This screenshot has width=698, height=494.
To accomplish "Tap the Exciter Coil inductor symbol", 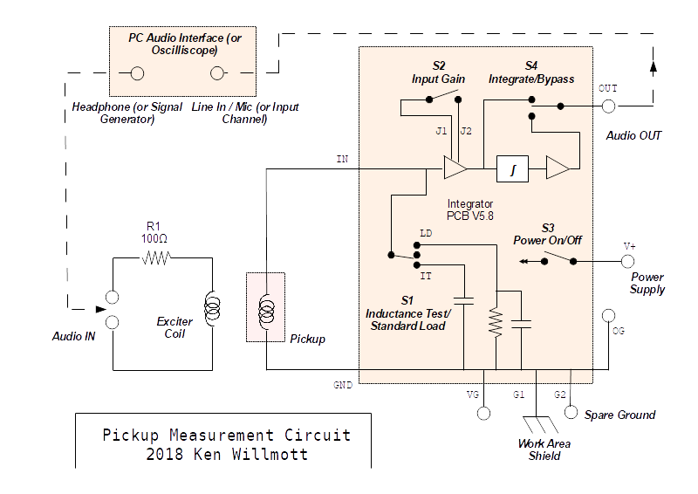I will [211, 309].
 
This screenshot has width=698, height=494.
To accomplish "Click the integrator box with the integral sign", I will [512, 168].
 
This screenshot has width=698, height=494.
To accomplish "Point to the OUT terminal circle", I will [608, 106].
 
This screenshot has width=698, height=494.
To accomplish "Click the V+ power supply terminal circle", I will [627, 261].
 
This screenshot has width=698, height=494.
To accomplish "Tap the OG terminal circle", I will [608, 316].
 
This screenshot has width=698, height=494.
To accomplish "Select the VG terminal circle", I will [484, 411].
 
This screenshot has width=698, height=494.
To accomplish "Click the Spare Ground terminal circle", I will [571, 412].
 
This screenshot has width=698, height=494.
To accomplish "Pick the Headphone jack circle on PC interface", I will [137, 73].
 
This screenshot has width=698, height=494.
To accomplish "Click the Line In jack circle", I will [218, 73].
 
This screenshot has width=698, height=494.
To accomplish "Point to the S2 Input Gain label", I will [439, 72].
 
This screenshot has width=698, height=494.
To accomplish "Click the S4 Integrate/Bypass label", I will [531, 72].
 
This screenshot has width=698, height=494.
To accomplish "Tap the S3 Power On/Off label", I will [547, 233].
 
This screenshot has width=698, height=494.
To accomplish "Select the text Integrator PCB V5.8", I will [470, 209].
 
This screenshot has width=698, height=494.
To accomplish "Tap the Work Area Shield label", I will [544, 449].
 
